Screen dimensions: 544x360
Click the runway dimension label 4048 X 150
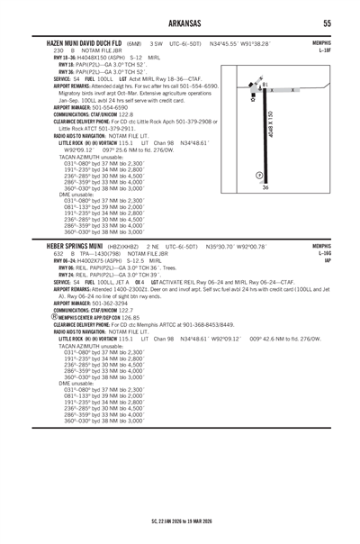pos(270,126)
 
